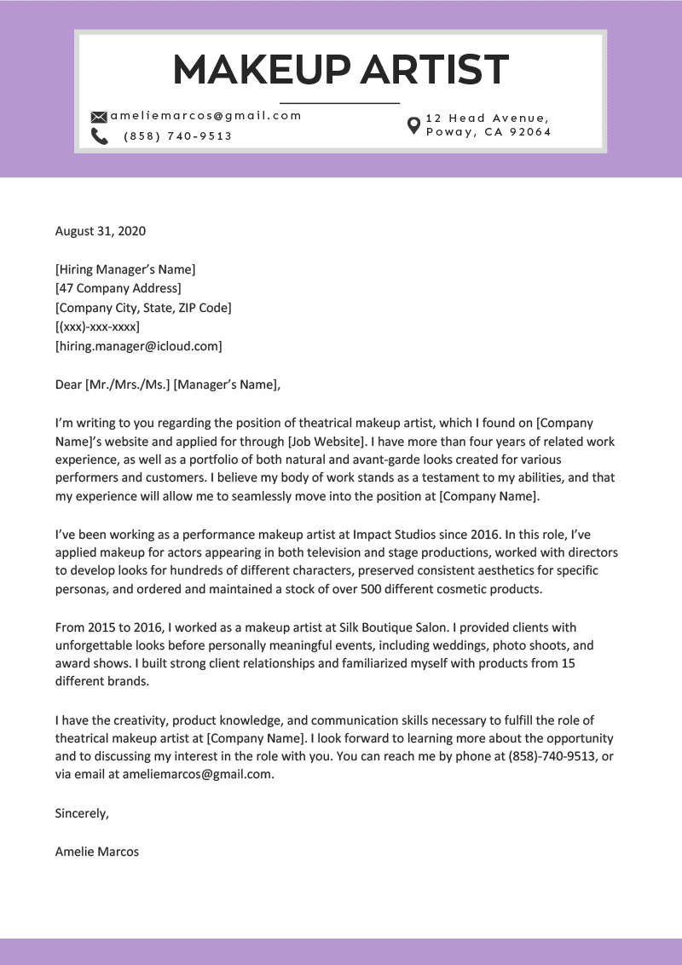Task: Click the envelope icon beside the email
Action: pyautogui.click(x=99, y=117)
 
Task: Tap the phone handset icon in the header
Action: pyautogui.click(x=99, y=136)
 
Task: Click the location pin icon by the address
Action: pyautogui.click(x=413, y=125)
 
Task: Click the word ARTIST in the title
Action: pyautogui.click(x=434, y=70)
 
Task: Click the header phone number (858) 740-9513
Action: pyautogui.click(x=177, y=136)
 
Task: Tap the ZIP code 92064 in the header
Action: pyautogui.click(x=532, y=132)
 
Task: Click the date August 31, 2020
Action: pyautogui.click(x=101, y=231)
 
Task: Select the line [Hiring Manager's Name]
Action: pyautogui.click(x=125, y=269)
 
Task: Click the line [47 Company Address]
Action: pyautogui.click(x=118, y=288)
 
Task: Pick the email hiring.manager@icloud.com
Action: pyautogui.click(x=138, y=346)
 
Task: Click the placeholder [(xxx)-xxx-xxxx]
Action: pyautogui.click(x=97, y=326)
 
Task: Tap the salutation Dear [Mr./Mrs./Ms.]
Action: pyautogui.click(x=112, y=384)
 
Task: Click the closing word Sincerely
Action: pyautogui.click(x=82, y=813)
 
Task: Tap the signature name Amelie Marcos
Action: pyautogui.click(x=96, y=852)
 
